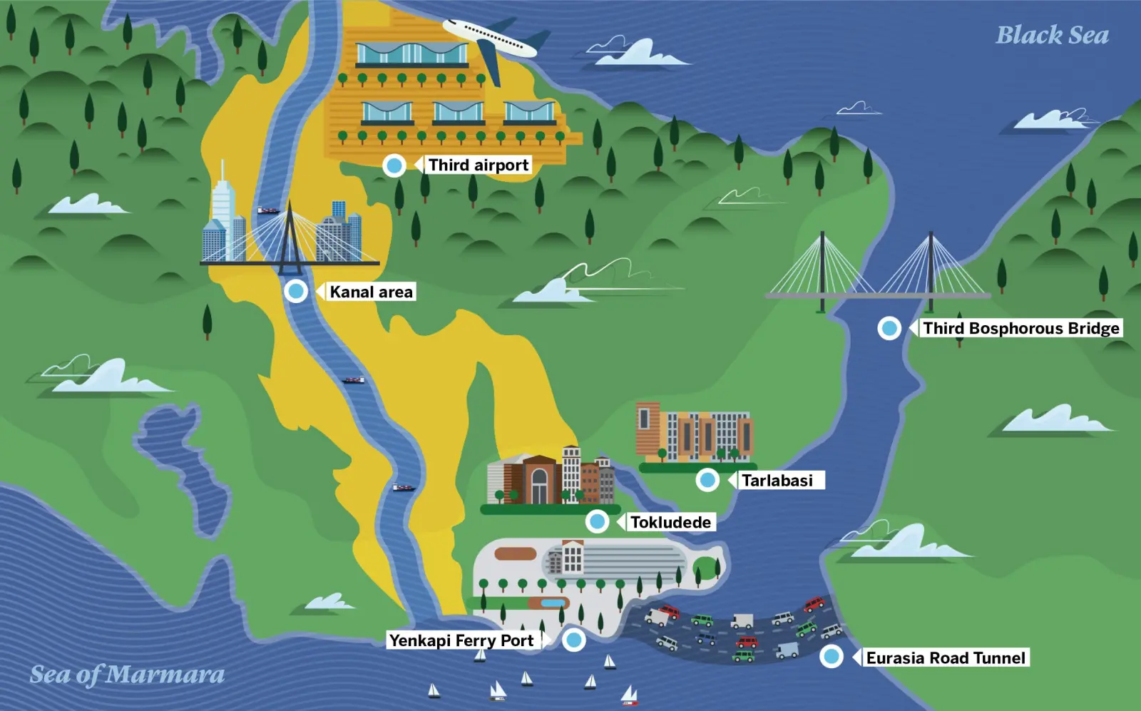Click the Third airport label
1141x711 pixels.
pos(479,165)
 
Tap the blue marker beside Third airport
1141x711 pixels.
pos(394,165)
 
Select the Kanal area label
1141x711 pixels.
pos(371,292)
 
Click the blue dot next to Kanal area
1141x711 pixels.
pos(296,291)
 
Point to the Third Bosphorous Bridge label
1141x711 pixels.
pos(1020,328)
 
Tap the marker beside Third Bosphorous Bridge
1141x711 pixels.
pos(889,328)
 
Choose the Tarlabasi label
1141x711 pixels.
pos(777,480)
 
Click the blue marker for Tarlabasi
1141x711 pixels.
pos(708,480)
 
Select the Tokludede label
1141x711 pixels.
pos(670,522)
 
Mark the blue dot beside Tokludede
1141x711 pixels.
pos(598,522)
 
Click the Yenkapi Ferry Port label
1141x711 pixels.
pos(461,640)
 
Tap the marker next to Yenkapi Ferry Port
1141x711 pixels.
pos(573,640)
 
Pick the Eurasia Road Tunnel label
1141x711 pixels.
pos(946,658)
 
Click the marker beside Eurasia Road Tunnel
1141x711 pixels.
pos(832,656)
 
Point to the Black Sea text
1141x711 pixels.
pos(1052,35)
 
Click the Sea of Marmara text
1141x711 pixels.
pos(127,675)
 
